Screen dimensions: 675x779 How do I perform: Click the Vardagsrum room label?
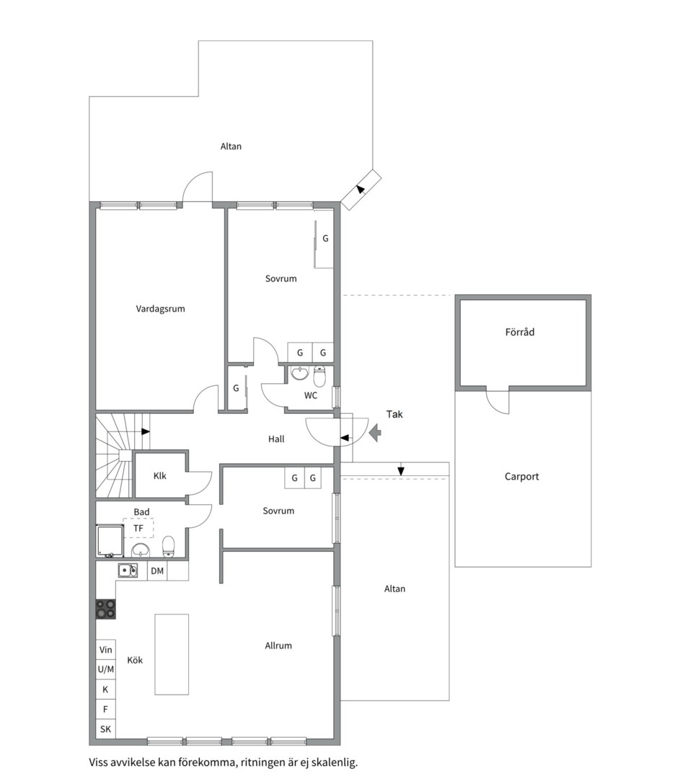tap(160, 309)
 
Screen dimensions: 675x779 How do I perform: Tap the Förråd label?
tap(519, 332)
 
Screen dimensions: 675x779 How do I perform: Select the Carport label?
tap(521, 477)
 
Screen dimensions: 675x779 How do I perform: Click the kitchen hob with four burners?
tap(106, 609)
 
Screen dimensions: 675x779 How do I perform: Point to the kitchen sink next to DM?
tap(128, 571)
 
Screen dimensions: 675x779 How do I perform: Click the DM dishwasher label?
tap(157, 571)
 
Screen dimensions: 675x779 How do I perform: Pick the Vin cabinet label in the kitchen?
tap(106, 650)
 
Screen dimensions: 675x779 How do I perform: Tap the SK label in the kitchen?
tap(105, 729)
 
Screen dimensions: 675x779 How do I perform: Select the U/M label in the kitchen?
tap(106, 669)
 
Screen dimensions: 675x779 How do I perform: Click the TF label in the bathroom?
tap(138, 528)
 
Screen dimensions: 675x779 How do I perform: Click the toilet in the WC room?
tap(320, 377)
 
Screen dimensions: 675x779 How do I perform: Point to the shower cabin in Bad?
tap(110, 540)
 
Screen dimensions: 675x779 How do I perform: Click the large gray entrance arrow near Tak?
tap(375, 433)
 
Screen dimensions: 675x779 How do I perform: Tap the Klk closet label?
tap(160, 476)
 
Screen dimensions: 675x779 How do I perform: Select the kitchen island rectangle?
tap(172, 654)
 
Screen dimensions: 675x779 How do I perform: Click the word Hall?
tap(276, 439)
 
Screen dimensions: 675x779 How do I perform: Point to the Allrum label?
tap(278, 646)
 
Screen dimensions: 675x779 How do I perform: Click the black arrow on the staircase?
tap(146, 431)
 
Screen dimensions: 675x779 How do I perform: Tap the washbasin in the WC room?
tap(299, 373)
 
